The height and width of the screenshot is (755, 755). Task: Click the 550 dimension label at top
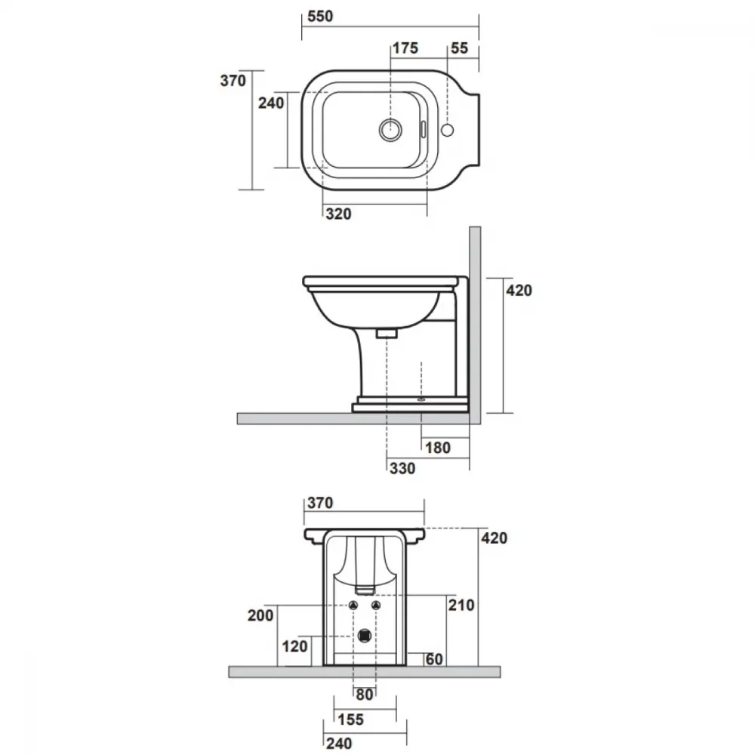click(x=320, y=17)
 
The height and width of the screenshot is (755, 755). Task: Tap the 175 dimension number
click(x=405, y=48)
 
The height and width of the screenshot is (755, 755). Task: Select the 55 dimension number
click(x=459, y=48)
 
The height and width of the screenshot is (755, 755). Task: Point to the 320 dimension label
click(x=338, y=214)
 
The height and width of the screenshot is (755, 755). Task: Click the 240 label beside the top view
click(x=271, y=103)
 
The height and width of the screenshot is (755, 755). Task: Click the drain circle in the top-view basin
click(x=390, y=129)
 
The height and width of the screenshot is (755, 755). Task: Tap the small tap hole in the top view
click(x=447, y=130)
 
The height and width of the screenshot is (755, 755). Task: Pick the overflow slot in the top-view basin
click(x=424, y=129)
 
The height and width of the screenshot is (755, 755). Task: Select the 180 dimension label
click(x=438, y=448)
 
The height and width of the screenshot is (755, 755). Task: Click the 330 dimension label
click(x=402, y=468)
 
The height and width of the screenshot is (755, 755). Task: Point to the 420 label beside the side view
click(x=519, y=291)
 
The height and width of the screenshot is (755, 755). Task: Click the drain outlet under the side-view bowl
click(x=386, y=333)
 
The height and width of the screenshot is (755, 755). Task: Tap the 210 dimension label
click(x=461, y=605)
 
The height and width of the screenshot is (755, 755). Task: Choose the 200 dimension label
click(x=260, y=615)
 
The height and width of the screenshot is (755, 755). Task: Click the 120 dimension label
click(x=294, y=646)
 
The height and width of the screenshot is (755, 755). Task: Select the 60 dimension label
click(x=434, y=658)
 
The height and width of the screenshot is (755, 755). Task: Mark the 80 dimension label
click(x=365, y=695)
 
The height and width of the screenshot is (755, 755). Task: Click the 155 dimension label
click(x=350, y=720)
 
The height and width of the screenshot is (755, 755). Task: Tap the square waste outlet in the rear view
click(x=365, y=636)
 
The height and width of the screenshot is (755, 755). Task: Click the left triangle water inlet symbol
click(x=353, y=606)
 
